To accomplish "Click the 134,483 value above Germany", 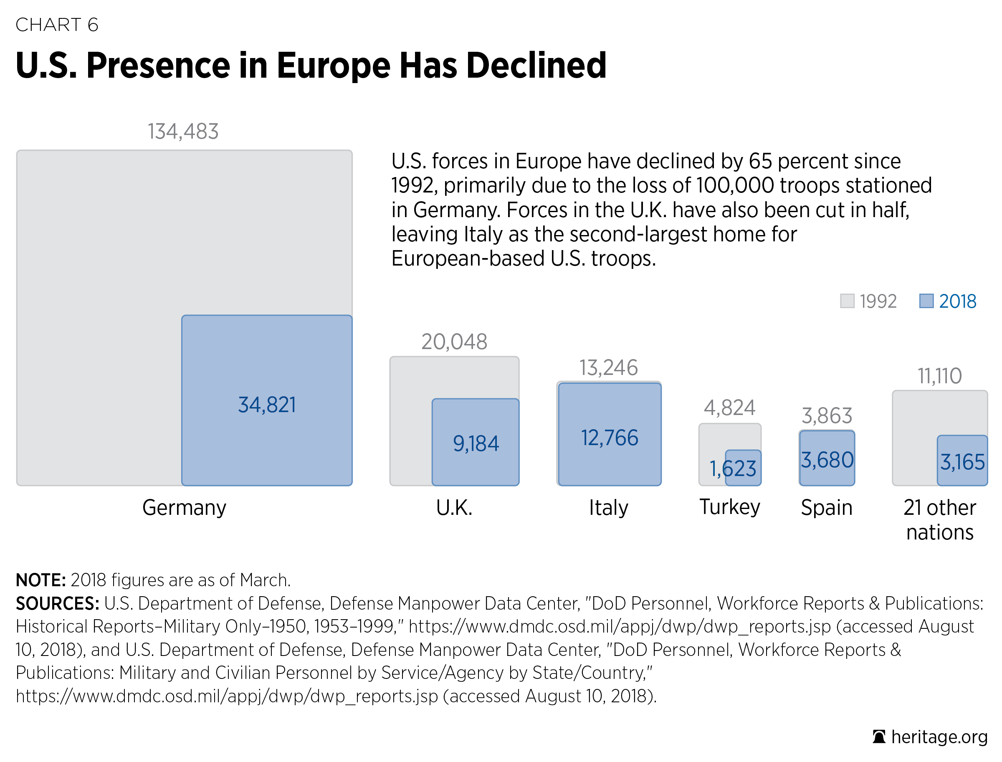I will point(183,132).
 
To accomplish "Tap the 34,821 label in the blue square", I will point(267,405).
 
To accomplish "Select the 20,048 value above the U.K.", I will point(454,342).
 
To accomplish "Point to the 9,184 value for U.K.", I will point(476,443).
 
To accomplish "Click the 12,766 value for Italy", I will point(609,438).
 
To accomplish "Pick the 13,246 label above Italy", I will point(608,368).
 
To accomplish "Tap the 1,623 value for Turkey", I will point(733,468).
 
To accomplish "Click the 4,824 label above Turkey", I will point(729,408).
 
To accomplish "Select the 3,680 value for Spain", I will point(827,461).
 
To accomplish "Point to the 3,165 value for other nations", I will point(962,462).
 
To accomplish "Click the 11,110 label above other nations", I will point(939,376).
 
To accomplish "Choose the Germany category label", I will point(184,508).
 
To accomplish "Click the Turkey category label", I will point(729,507).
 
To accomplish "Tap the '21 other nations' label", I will point(939,520).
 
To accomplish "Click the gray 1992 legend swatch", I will point(847,301).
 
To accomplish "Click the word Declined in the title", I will point(536,66).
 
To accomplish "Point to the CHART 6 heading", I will point(57,25).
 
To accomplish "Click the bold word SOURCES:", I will point(57,604).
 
